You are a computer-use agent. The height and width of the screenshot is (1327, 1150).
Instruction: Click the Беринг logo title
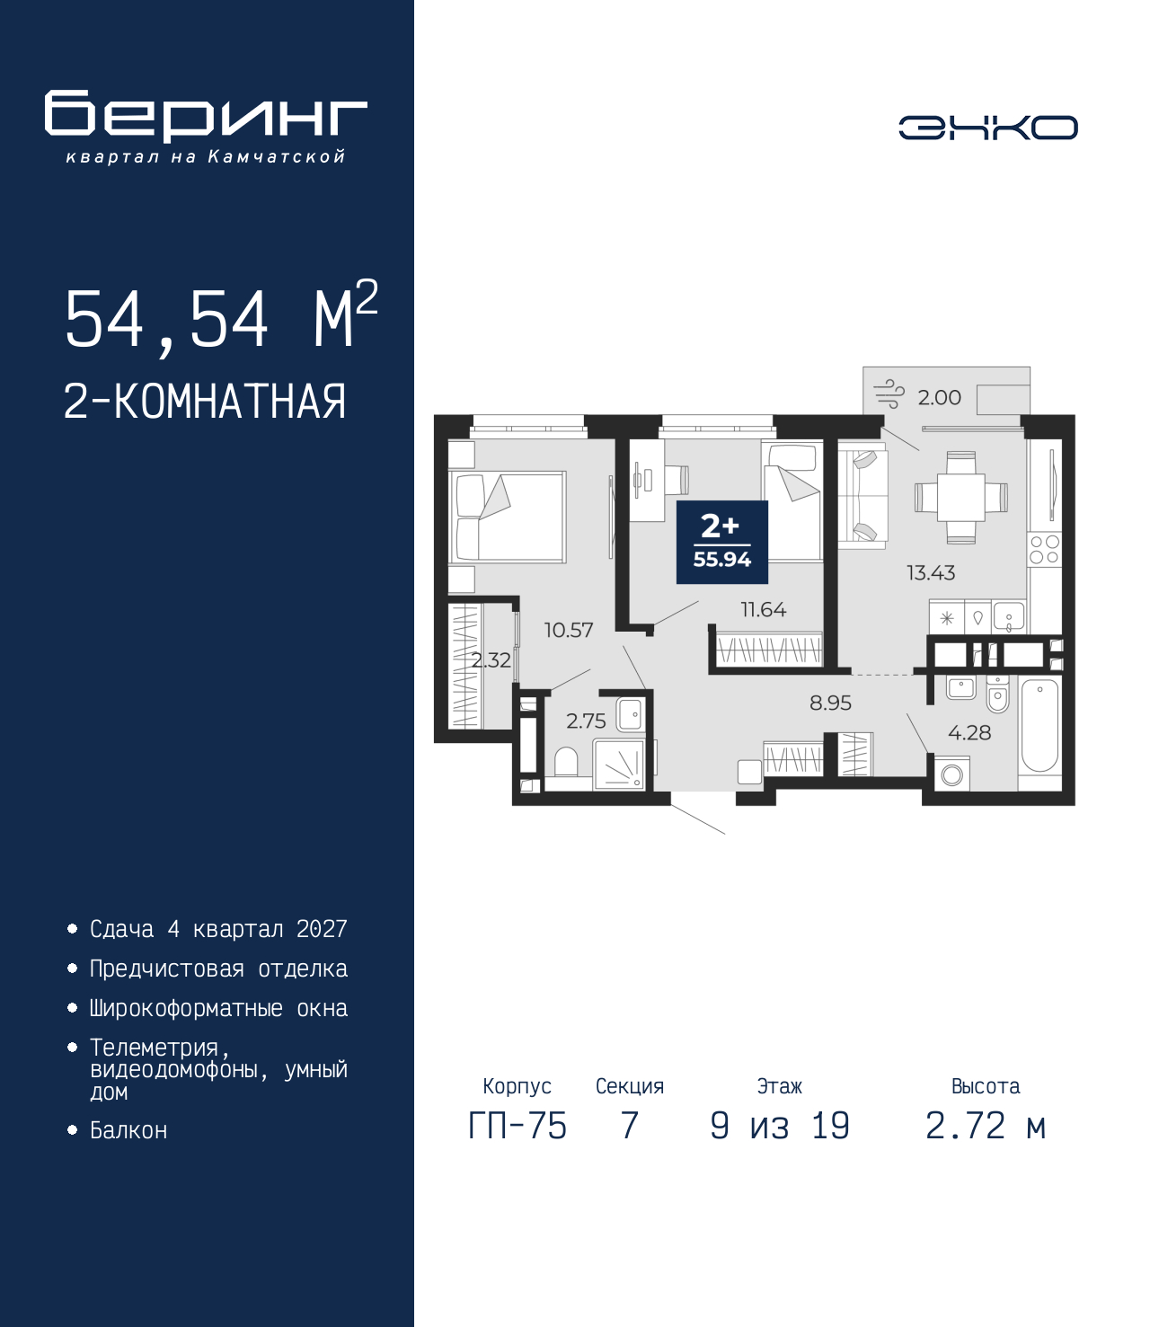(x=206, y=116)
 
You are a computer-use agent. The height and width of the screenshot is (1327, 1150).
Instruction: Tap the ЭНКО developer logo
(x=987, y=127)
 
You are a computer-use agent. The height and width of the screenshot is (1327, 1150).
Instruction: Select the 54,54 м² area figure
(x=221, y=316)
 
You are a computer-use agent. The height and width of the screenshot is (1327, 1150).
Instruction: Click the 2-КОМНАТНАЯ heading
(x=205, y=402)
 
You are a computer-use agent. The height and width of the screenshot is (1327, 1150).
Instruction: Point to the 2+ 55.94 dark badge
(x=721, y=542)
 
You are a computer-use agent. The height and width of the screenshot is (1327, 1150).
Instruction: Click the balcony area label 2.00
(x=939, y=397)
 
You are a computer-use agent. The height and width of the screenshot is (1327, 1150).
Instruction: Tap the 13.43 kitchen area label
(x=931, y=572)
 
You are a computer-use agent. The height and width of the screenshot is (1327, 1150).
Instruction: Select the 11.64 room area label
(x=764, y=608)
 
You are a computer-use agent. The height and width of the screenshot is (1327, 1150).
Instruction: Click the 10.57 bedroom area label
(x=569, y=630)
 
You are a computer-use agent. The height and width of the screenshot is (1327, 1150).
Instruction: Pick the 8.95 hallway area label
(x=830, y=703)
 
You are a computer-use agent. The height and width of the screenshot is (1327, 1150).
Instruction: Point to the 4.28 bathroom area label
(x=969, y=732)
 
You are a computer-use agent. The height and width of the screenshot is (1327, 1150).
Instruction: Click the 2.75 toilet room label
(x=586, y=721)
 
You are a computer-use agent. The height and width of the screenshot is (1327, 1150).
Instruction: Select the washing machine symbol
(x=951, y=774)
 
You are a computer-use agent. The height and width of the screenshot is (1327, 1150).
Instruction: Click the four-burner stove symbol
(x=1044, y=549)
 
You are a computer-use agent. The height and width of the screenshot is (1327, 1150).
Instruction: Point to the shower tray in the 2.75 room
(x=619, y=764)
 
